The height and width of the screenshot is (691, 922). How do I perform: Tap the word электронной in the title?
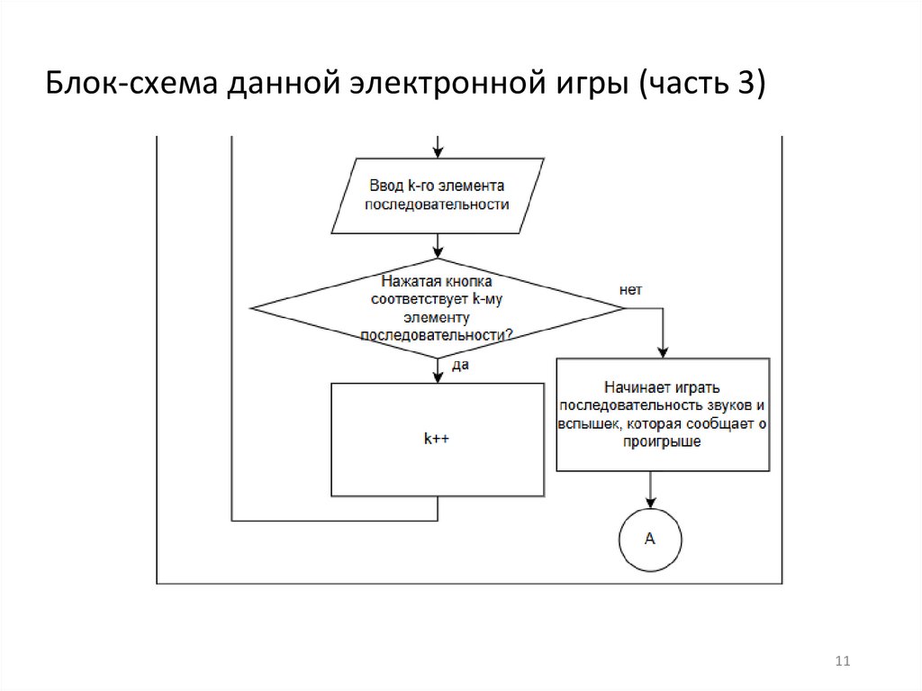click(447, 83)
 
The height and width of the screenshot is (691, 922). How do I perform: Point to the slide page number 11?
click(843, 661)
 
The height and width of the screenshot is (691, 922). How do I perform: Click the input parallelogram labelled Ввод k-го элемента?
click(438, 196)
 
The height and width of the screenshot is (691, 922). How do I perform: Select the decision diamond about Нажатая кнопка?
click(438, 308)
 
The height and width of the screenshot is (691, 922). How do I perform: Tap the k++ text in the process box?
click(437, 439)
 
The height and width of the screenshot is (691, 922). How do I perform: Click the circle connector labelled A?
click(650, 540)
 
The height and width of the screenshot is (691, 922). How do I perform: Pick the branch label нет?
click(630, 290)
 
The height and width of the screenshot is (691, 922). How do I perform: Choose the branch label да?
click(460, 366)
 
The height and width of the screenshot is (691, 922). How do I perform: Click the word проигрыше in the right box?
click(662, 442)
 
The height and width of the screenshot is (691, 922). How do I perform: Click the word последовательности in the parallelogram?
click(437, 205)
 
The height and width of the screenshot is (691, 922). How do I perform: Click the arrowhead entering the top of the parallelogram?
click(438, 151)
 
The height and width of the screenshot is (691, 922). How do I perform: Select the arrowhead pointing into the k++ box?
click(438, 377)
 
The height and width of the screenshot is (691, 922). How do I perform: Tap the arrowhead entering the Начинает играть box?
click(663, 352)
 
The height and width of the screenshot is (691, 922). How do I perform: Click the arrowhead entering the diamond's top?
click(438, 252)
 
